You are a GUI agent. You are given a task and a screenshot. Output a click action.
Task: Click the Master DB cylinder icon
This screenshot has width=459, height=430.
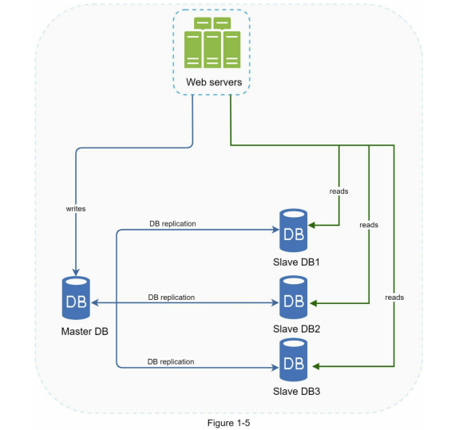point(76,298)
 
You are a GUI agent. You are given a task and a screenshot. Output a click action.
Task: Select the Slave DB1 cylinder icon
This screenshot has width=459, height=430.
point(293,231)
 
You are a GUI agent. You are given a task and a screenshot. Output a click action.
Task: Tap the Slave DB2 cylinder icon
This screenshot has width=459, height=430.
point(293,298)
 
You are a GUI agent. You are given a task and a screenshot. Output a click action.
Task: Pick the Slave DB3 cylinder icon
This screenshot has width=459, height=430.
point(293,360)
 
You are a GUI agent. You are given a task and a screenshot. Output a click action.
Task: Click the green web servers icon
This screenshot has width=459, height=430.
point(212,43)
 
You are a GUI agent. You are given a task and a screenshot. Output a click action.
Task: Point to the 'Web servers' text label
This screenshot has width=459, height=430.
point(214,82)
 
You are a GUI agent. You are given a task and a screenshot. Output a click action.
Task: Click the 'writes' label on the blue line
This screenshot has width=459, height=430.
point(76,209)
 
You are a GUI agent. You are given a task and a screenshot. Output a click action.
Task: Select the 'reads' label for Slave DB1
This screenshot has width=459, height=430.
point(339,191)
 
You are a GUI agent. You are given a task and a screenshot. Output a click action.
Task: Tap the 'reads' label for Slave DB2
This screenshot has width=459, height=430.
point(369,225)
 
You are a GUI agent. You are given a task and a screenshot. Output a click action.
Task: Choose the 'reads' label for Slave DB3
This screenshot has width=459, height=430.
point(394,298)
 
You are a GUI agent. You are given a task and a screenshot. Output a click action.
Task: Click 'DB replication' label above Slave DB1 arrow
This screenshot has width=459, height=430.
point(172,223)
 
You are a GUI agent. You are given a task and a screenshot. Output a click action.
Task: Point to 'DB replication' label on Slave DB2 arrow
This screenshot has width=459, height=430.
point(172,298)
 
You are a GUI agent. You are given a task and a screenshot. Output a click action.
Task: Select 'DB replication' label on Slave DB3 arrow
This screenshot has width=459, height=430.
point(171,362)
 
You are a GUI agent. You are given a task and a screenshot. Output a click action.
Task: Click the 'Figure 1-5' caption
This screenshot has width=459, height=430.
point(228,423)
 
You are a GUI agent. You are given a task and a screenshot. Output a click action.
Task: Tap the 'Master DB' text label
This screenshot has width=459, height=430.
point(85,331)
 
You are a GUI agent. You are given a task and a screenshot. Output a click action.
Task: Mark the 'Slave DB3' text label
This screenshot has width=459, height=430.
point(296,392)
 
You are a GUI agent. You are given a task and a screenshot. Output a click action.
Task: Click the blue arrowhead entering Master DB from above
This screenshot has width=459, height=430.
point(76,272)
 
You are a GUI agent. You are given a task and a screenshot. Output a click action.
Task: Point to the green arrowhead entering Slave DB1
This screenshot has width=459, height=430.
point(311,225)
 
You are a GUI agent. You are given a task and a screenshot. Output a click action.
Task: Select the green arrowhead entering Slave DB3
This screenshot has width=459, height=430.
point(316,366)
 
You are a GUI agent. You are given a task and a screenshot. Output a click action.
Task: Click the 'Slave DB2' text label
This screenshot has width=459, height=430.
point(296,329)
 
